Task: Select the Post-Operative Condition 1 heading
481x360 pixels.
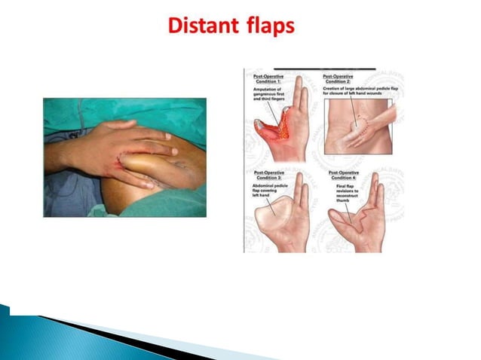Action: tap(268, 79)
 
